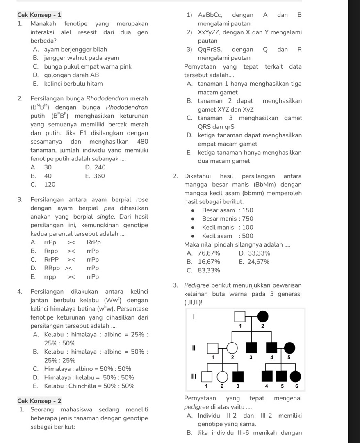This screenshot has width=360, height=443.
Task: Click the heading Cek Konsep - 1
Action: (40, 15)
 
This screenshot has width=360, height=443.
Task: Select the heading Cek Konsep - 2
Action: (40, 400)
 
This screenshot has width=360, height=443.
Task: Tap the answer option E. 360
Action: (95, 176)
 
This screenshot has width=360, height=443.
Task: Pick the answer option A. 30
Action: (41, 167)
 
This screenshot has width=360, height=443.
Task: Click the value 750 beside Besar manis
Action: (247, 219)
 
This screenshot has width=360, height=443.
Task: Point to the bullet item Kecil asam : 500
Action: (228, 236)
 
